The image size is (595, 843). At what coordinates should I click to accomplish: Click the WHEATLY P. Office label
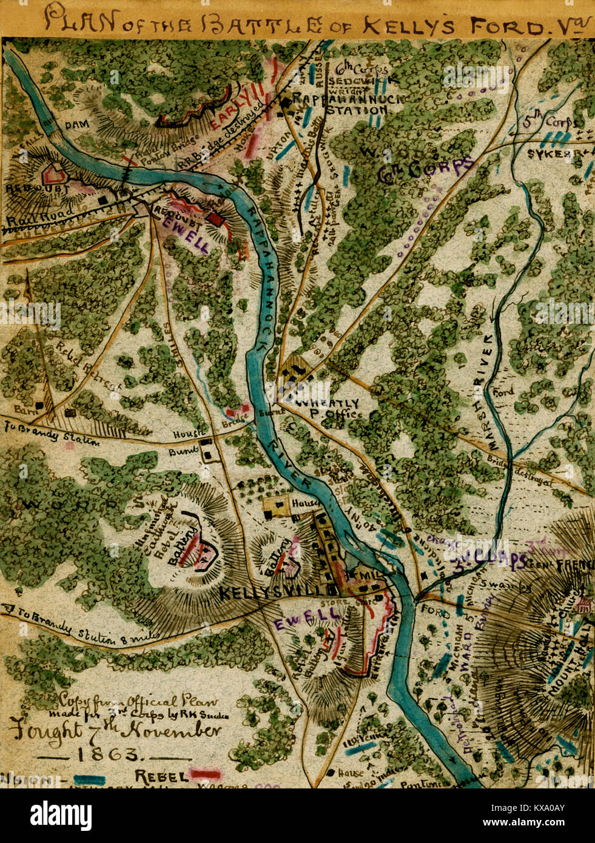[328, 408]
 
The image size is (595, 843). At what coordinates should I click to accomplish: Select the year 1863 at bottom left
[106, 754]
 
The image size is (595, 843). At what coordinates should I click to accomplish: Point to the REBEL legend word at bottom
[159, 776]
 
